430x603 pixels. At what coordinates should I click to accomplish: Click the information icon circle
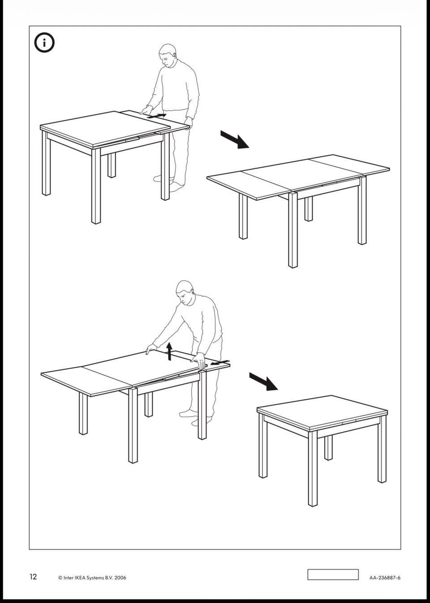(44, 43)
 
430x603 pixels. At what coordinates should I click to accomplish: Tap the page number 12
(33, 577)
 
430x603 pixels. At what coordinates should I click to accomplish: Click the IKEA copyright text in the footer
(92, 577)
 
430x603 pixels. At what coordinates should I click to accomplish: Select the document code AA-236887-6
(385, 577)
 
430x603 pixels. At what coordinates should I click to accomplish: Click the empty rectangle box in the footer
(333, 574)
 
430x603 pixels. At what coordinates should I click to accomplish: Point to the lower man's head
(185, 293)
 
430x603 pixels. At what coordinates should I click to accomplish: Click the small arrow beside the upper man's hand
(156, 116)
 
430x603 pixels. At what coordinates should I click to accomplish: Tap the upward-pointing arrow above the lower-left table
(169, 351)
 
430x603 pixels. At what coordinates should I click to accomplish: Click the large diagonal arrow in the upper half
(235, 139)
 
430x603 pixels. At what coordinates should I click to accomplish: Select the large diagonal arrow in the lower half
(263, 381)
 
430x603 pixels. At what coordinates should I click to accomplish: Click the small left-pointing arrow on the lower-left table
(220, 363)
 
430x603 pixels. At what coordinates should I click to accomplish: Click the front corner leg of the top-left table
(96, 186)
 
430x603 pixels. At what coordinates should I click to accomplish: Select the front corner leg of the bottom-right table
(313, 469)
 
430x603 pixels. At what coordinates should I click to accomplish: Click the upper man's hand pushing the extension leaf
(146, 110)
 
